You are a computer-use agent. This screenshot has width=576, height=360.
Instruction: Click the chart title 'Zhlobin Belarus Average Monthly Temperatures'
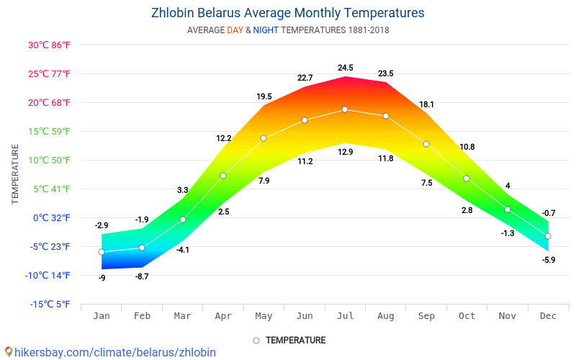click(287, 13)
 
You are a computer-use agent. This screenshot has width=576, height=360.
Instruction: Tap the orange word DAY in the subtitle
click(235, 30)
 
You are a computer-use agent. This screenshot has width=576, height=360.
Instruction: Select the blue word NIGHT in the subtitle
click(266, 30)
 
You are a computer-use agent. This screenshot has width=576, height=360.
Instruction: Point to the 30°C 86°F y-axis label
click(49, 45)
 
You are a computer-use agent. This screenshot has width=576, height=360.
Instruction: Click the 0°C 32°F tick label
click(51, 218)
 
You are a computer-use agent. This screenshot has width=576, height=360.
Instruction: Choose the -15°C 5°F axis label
click(50, 304)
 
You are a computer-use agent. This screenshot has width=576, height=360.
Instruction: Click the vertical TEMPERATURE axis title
click(15, 174)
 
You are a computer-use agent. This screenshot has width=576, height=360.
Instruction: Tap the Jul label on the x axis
click(346, 316)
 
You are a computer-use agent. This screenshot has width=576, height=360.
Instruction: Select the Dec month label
click(548, 316)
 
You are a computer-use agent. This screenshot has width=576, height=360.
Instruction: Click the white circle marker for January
click(102, 252)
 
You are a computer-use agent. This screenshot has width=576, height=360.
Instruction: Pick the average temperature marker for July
click(345, 109)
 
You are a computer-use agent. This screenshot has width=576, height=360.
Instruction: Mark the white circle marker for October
click(467, 179)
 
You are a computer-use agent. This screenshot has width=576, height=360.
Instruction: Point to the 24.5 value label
click(346, 68)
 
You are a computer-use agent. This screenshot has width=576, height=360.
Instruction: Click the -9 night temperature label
click(102, 278)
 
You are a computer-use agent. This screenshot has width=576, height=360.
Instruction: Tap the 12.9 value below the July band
click(346, 152)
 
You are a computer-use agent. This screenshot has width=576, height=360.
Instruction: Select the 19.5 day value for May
click(264, 96)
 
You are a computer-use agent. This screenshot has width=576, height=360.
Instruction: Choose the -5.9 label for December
click(549, 260)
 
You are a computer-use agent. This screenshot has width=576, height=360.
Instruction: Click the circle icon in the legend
click(256, 341)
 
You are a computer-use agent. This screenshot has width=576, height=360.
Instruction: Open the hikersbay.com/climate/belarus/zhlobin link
click(115, 352)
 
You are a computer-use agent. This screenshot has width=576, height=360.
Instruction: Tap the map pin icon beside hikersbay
click(9, 352)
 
